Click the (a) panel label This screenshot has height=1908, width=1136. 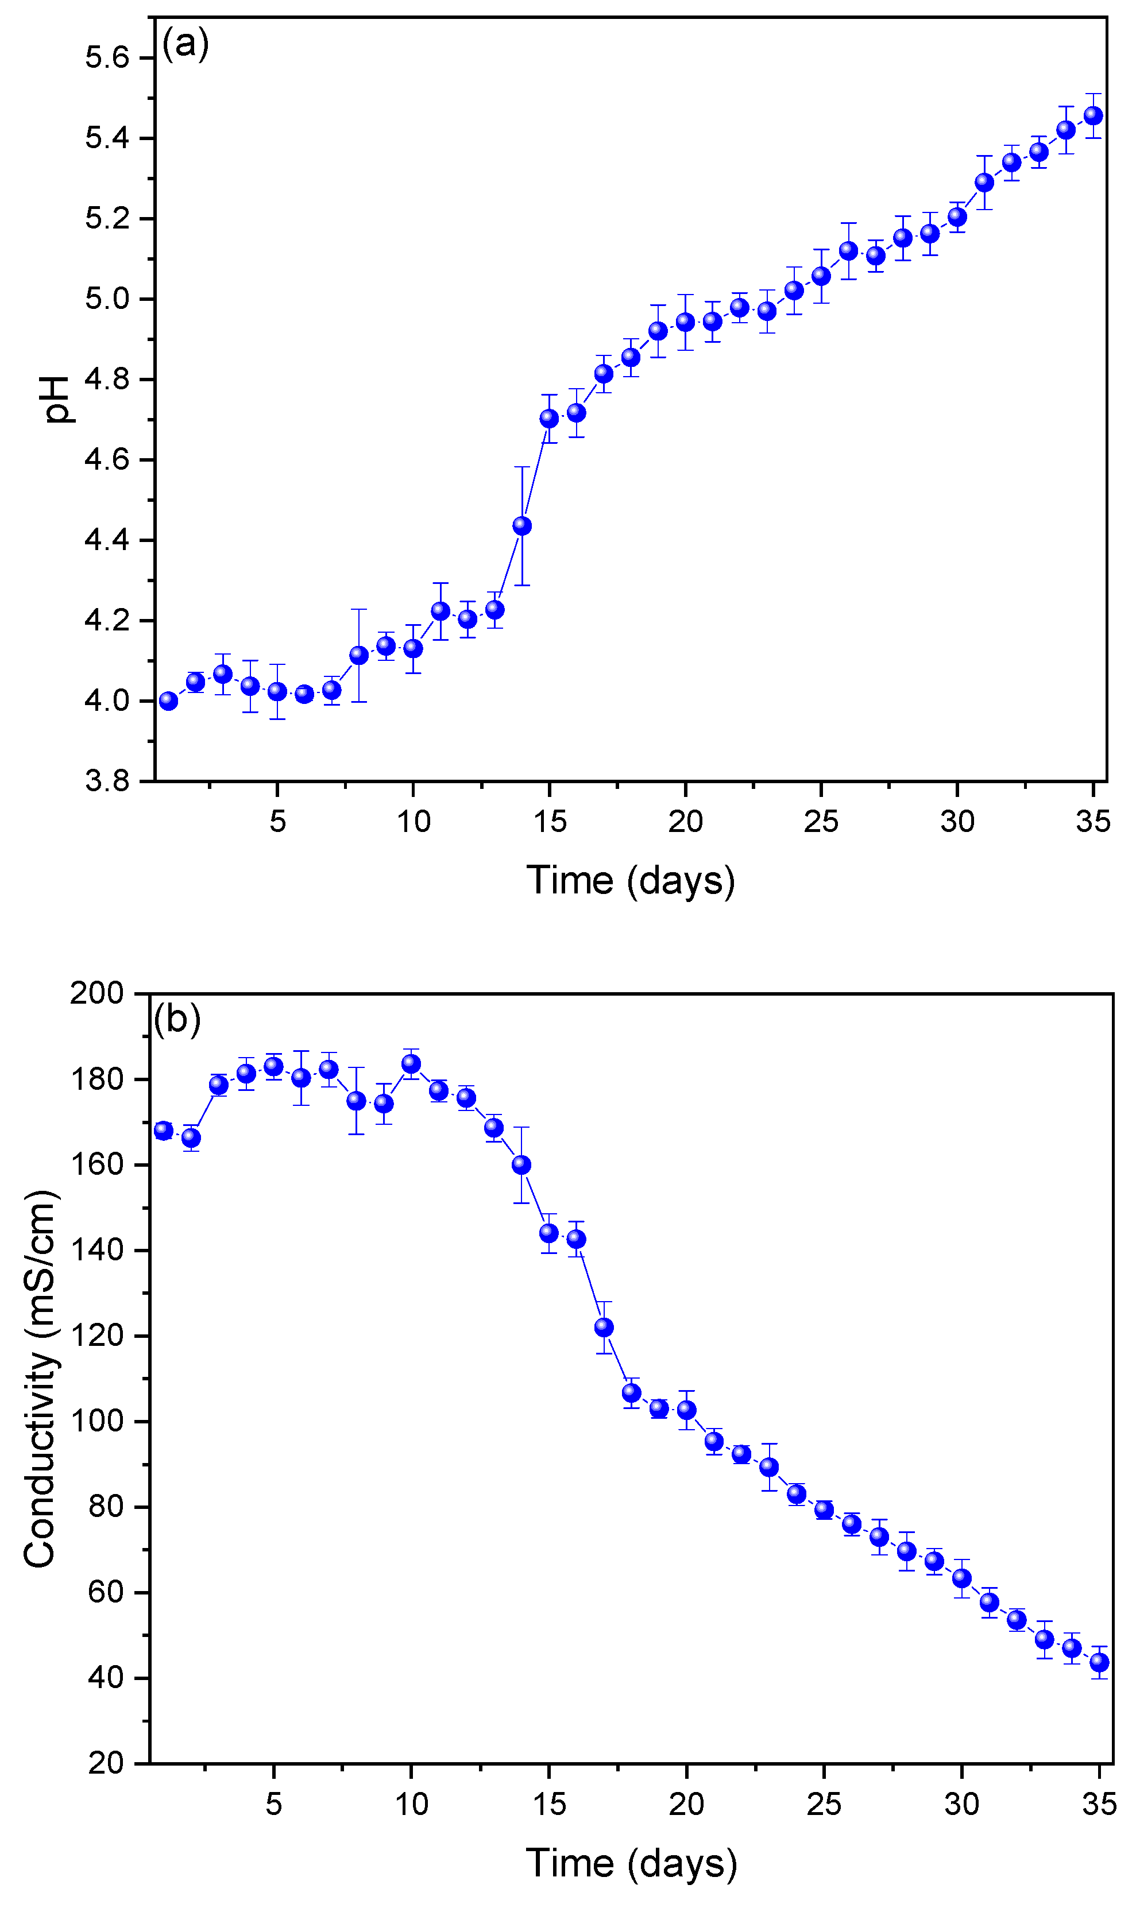coord(186,44)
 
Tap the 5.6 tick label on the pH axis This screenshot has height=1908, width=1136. coord(107,58)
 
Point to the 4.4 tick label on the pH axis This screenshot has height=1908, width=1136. coord(107,540)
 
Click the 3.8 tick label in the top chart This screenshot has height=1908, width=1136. coord(107,781)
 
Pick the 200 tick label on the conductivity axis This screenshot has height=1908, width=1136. coord(96,993)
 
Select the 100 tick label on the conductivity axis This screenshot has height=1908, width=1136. coord(96,1421)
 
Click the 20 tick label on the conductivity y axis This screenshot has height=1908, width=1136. coord(106,1763)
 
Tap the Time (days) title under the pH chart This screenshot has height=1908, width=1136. coord(630,880)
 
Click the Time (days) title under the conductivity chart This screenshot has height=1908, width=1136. coord(631,1862)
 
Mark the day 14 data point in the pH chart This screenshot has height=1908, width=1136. coord(522,526)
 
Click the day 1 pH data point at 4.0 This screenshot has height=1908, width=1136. coord(168,701)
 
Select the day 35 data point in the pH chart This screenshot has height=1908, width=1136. coord(1093,115)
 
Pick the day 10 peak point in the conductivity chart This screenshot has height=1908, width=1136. coord(411,1064)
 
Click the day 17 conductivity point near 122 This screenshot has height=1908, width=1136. coord(604,1327)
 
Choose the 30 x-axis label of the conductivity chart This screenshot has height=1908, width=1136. coord(961,1805)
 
